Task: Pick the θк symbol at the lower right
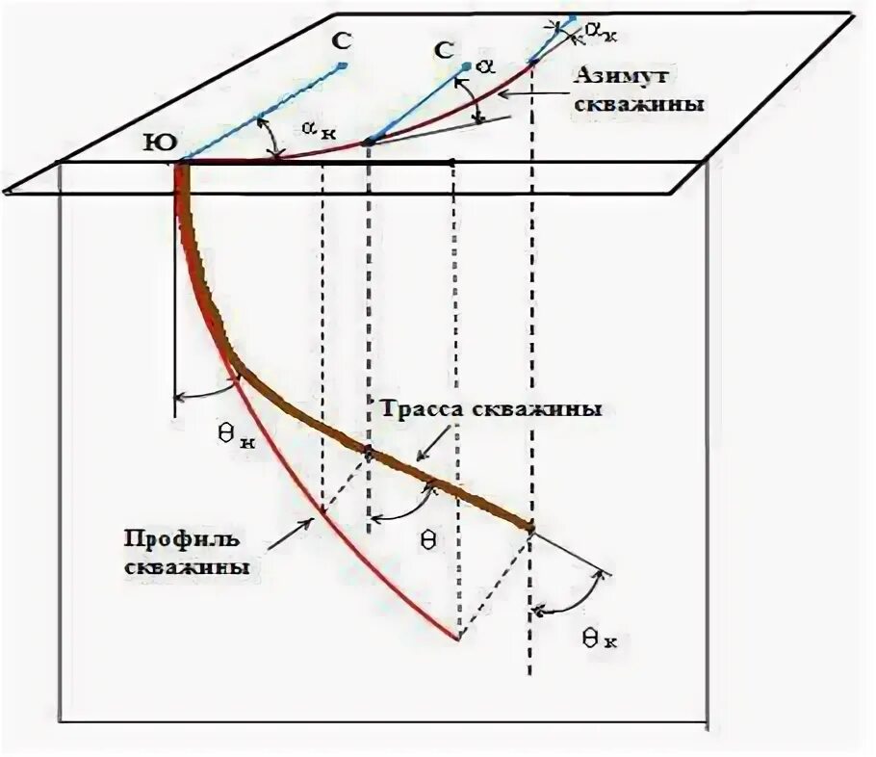(x=598, y=636)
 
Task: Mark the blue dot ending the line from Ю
(x=343, y=65)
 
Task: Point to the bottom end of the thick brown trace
(x=529, y=526)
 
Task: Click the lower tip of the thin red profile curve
(x=457, y=638)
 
